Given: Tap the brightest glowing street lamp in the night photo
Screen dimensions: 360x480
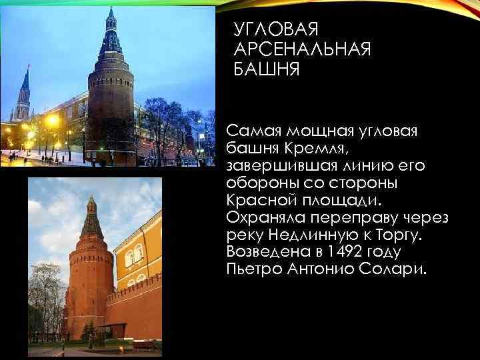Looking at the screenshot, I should point(52,121).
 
